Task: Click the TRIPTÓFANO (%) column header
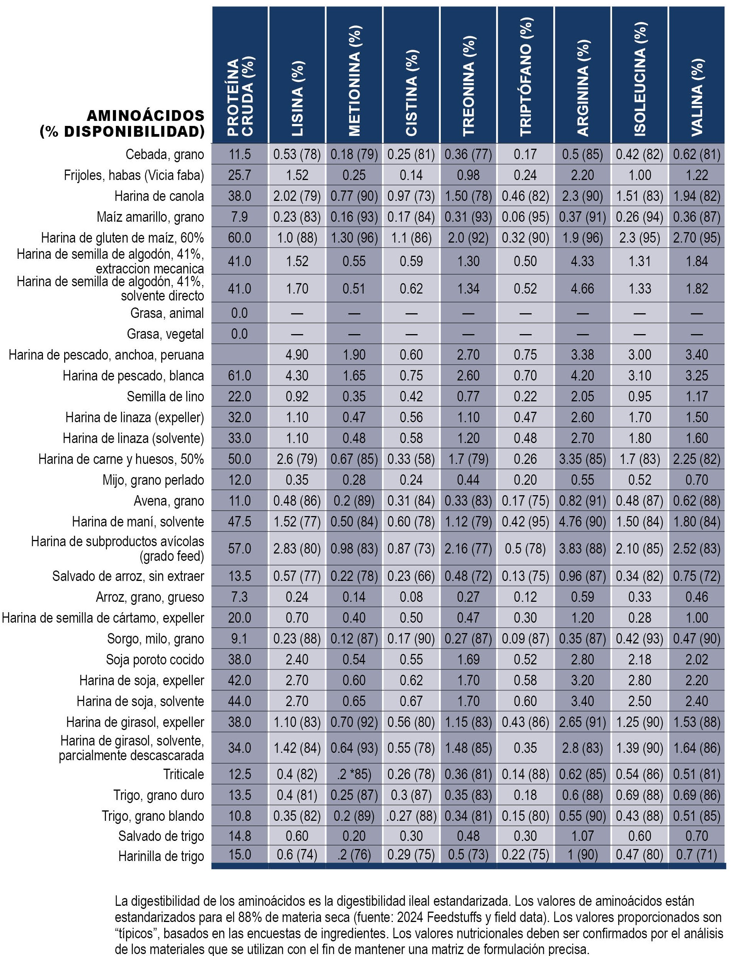click(525, 76)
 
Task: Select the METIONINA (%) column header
click(355, 80)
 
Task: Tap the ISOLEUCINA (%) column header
click(640, 79)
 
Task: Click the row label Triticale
click(183, 774)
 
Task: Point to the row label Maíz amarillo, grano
click(150, 217)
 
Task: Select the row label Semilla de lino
click(165, 396)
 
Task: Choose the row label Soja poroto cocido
click(155, 660)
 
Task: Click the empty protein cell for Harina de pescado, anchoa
click(240, 355)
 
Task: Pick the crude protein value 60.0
click(240, 238)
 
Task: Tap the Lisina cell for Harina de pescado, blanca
click(297, 375)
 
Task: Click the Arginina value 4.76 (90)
click(582, 521)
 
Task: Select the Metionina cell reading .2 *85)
click(355, 774)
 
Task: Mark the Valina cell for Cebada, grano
click(696, 154)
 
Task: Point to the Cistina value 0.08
click(411, 597)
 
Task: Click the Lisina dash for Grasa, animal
click(297, 313)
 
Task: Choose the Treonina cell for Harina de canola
click(468, 196)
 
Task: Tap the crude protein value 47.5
click(240, 521)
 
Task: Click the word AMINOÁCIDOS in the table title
click(146, 115)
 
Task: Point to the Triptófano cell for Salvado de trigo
click(525, 836)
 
